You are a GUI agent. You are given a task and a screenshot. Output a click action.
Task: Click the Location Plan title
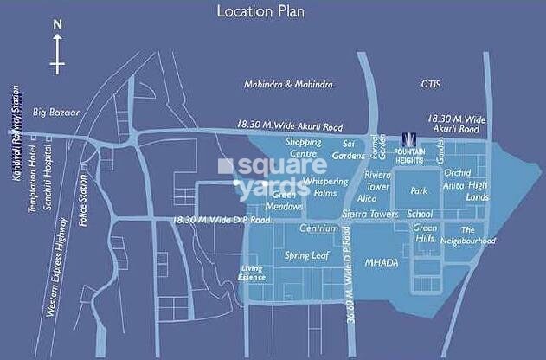(x=273, y=11)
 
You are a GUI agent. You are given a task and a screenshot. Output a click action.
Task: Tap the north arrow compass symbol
(x=57, y=52)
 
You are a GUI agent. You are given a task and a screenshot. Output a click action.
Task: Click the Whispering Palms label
(x=324, y=187)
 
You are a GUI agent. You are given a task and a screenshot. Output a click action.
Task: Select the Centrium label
(x=317, y=229)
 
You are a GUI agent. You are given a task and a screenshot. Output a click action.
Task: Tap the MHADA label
(x=381, y=260)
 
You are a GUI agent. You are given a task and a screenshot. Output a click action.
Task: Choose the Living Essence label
(x=253, y=272)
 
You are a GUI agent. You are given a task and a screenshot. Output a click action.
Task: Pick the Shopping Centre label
(x=304, y=147)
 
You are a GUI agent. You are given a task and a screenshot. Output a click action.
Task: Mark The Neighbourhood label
(x=478, y=235)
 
